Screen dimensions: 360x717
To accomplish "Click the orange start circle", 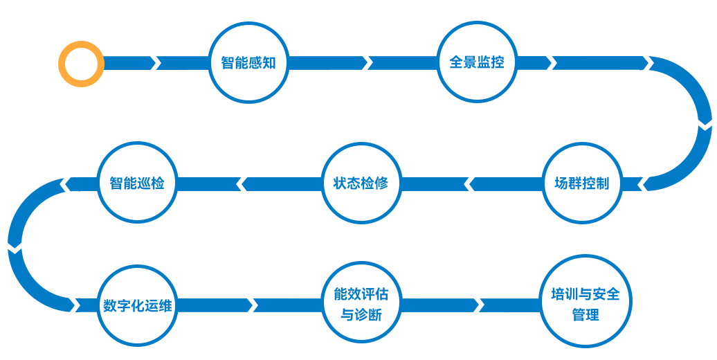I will tap(81, 64).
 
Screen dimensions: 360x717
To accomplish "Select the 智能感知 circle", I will tap(248, 63).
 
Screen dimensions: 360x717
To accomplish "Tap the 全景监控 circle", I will tap(477, 62).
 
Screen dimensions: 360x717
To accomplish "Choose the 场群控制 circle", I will tap(582, 183).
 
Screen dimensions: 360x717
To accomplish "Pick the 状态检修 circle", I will tap(361, 183).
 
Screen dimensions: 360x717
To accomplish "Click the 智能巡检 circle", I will tap(137, 183).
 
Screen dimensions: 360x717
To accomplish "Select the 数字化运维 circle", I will tap(137, 305).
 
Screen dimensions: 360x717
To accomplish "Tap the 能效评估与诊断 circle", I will tap(361, 305).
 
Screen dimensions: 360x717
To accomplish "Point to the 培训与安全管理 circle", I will tap(585, 305).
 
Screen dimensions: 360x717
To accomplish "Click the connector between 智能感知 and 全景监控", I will tap(363, 63).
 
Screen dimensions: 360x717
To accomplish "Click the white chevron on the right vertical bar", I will tap(703, 125).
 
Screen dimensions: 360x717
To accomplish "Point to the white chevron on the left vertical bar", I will tap(15, 247).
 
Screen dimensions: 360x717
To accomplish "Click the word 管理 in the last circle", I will tap(586, 315).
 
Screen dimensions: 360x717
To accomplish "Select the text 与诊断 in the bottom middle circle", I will tap(361, 316).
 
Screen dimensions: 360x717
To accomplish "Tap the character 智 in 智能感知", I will tap(228, 63).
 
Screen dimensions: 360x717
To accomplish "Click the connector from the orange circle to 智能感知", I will tap(156, 63).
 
